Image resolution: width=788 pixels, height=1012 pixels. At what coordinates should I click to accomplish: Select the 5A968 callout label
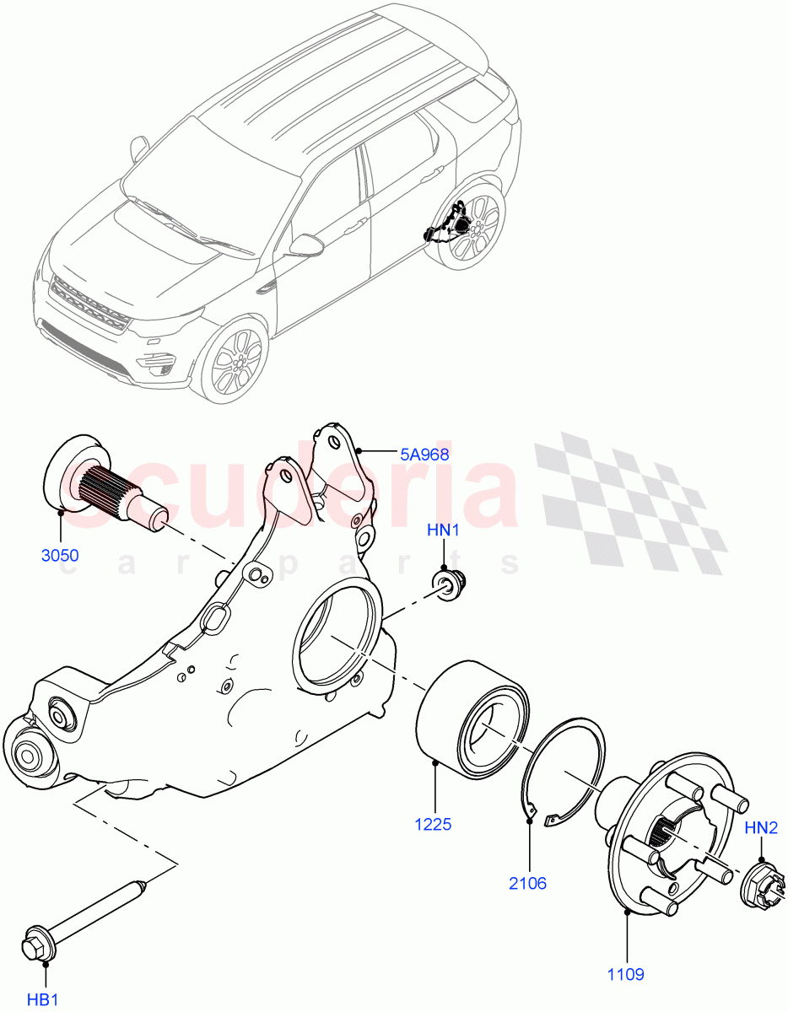[x=424, y=454]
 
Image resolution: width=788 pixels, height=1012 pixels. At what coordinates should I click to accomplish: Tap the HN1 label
[x=443, y=530]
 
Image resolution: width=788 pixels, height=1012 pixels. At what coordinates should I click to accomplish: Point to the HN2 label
[x=761, y=828]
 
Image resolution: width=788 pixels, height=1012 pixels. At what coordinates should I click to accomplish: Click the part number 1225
[x=432, y=824]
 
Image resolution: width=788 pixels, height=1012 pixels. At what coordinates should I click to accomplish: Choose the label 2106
[x=527, y=883]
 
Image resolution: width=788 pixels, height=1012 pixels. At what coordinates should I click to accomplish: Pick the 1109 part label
[x=625, y=974]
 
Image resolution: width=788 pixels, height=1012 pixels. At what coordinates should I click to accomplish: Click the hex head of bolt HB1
[x=35, y=943]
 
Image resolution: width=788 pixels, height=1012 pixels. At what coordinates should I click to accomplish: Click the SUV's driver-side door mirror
[x=305, y=245]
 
